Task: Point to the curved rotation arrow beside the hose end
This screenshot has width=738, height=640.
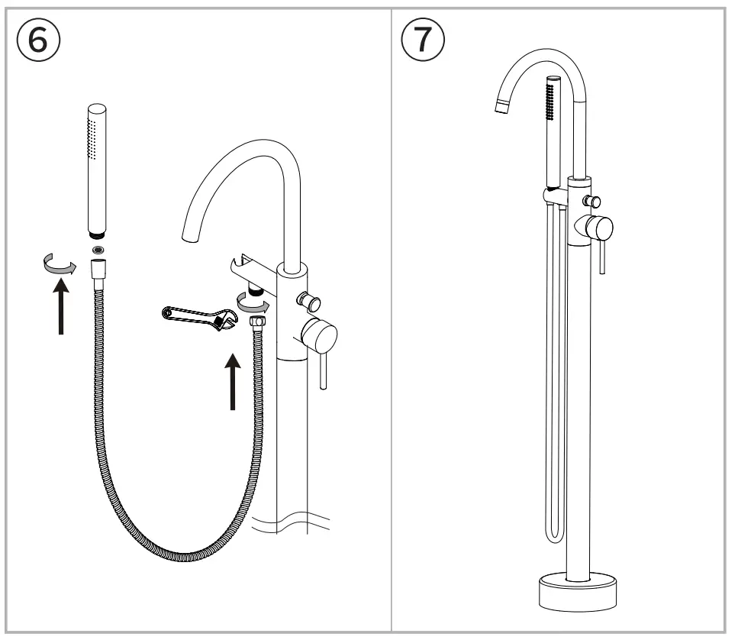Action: coord(57,265)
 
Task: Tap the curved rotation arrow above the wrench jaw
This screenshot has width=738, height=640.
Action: coord(253,303)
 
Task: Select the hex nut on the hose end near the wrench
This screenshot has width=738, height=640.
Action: coord(257,321)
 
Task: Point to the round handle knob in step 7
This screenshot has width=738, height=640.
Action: coord(599,227)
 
